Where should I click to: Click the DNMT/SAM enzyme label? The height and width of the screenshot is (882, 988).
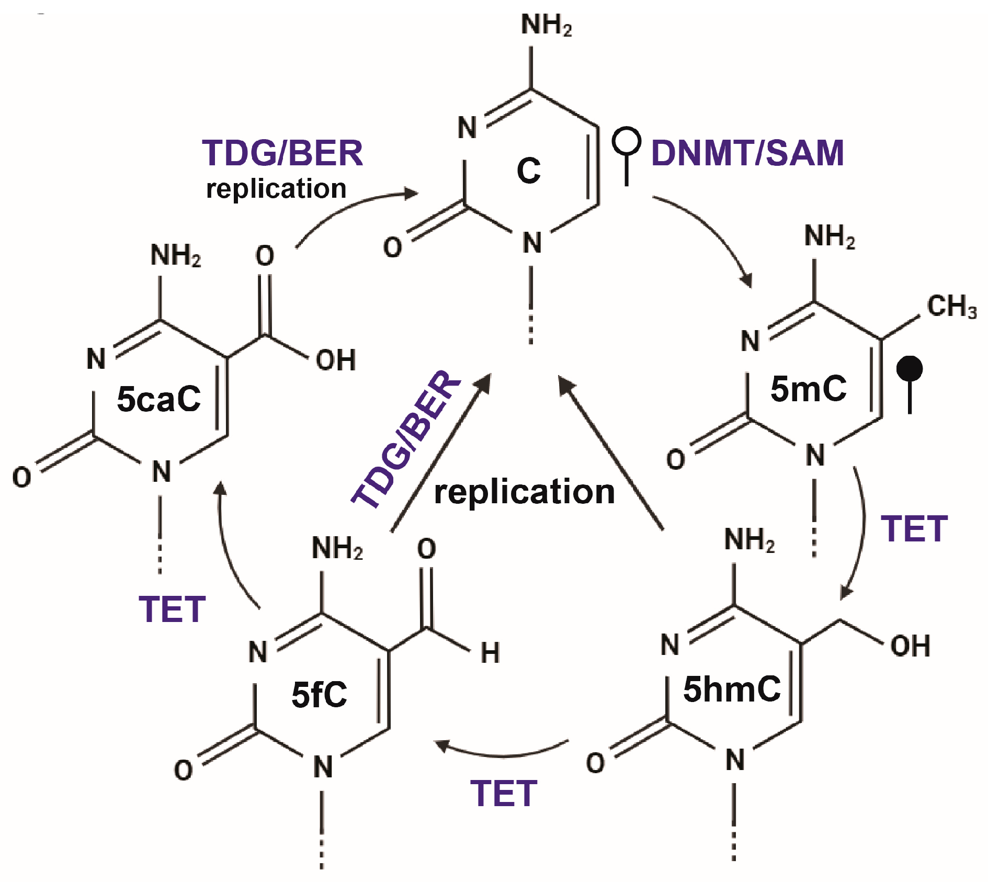click(x=747, y=153)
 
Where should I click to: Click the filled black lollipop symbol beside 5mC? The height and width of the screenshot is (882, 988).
click(x=910, y=370)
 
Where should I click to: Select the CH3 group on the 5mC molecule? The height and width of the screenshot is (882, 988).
click(x=951, y=307)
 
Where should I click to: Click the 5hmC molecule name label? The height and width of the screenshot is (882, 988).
click(x=732, y=689)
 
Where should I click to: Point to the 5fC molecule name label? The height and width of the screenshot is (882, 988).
click(x=319, y=695)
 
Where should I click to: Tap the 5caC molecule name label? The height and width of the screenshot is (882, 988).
click(x=158, y=399)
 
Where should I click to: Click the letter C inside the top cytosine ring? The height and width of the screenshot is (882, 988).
click(x=528, y=171)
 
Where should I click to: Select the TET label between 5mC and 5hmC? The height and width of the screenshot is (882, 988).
click(x=914, y=529)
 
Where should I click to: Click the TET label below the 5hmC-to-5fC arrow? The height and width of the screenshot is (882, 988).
click(x=503, y=794)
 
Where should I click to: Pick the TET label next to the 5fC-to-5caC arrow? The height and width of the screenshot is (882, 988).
click(x=172, y=609)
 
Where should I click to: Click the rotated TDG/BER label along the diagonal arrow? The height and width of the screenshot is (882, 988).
click(x=406, y=439)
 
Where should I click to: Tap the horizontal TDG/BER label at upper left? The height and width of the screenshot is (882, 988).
click(x=282, y=153)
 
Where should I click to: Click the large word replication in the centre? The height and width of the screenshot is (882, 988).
click(x=524, y=492)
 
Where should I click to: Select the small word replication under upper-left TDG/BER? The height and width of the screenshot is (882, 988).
click(x=276, y=188)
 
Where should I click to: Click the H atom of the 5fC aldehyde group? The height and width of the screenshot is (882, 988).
click(x=490, y=653)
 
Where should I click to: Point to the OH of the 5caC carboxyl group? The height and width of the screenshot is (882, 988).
click(x=336, y=360)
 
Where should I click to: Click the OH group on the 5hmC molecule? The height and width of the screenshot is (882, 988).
click(x=910, y=646)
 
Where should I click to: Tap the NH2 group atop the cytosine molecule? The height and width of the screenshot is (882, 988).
click(x=546, y=25)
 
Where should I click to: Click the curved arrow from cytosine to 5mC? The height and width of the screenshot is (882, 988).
click(x=711, y=230)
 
